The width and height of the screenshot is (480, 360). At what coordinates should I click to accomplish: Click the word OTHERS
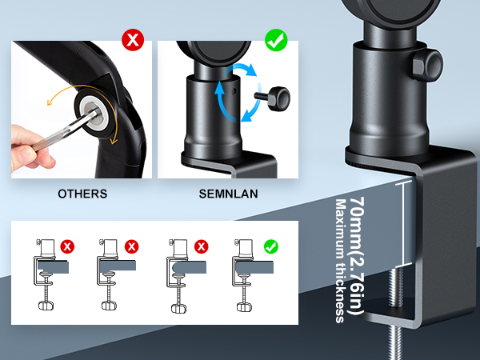(x=82, y=194)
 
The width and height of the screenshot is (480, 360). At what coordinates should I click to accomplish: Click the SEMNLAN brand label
(x=228, y=194)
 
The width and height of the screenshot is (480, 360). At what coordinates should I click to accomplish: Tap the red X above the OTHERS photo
(x=133, y=40)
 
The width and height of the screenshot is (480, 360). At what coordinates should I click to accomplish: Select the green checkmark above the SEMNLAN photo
(x=276, y=40)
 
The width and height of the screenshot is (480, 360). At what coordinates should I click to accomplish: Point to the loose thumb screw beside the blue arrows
(x=273, y=98)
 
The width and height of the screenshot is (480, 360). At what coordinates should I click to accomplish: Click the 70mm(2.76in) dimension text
(x=357, y=256)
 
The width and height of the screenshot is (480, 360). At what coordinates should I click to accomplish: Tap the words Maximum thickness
(x=341, y=261)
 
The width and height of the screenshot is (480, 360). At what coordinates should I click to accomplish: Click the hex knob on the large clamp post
(x=428, y=66)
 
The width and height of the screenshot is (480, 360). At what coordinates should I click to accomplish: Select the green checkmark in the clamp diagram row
(x=271, y=246)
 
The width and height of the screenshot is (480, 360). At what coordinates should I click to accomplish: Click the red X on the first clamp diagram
(x=67, y=246)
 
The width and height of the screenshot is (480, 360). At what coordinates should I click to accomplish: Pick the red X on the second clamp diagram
(x=132, y=246)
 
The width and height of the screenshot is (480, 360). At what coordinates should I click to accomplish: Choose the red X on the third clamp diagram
(x=201, y=246)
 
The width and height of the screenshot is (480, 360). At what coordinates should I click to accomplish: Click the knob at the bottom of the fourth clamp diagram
(x=244, y=307)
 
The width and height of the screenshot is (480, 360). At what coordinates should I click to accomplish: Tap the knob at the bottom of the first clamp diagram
(x=46, y=306)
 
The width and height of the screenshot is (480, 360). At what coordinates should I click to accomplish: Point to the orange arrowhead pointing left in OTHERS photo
(x=49, y=102)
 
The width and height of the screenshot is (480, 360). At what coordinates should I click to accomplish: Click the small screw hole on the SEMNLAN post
(x=234, y=91)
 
